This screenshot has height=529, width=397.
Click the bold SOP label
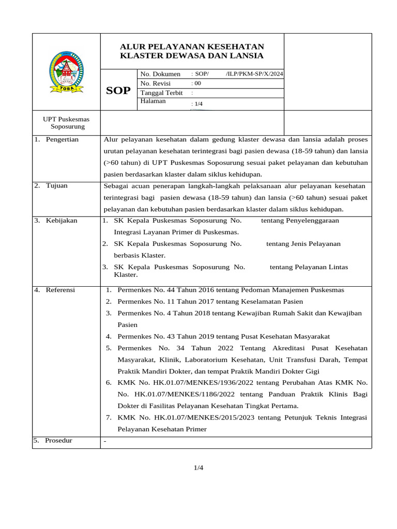[x=118, y=91]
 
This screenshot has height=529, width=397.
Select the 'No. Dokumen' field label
[x=160, y=74]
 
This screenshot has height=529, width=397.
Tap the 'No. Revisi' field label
[x=155, y=83]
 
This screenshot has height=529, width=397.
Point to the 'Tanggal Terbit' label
[x=161, y=92]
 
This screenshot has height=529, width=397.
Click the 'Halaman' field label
[x=153, y=101]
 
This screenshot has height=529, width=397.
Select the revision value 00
[x=197, y=83]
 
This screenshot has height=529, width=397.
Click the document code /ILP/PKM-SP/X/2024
[x=254, y=74]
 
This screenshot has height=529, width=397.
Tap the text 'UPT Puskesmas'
[x=66, y=119]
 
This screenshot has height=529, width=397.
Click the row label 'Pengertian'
[x=62, y=139]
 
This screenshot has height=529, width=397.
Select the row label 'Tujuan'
[x=56, y=185]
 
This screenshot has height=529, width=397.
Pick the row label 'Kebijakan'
[x=61, y=221]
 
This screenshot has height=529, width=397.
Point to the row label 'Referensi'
[x=60, y=290]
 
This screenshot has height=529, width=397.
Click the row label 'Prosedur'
[x=58, y=441]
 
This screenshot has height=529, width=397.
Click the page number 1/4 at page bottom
[x=198, y=468]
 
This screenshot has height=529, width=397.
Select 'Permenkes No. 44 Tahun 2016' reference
[x=165, y=290]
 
